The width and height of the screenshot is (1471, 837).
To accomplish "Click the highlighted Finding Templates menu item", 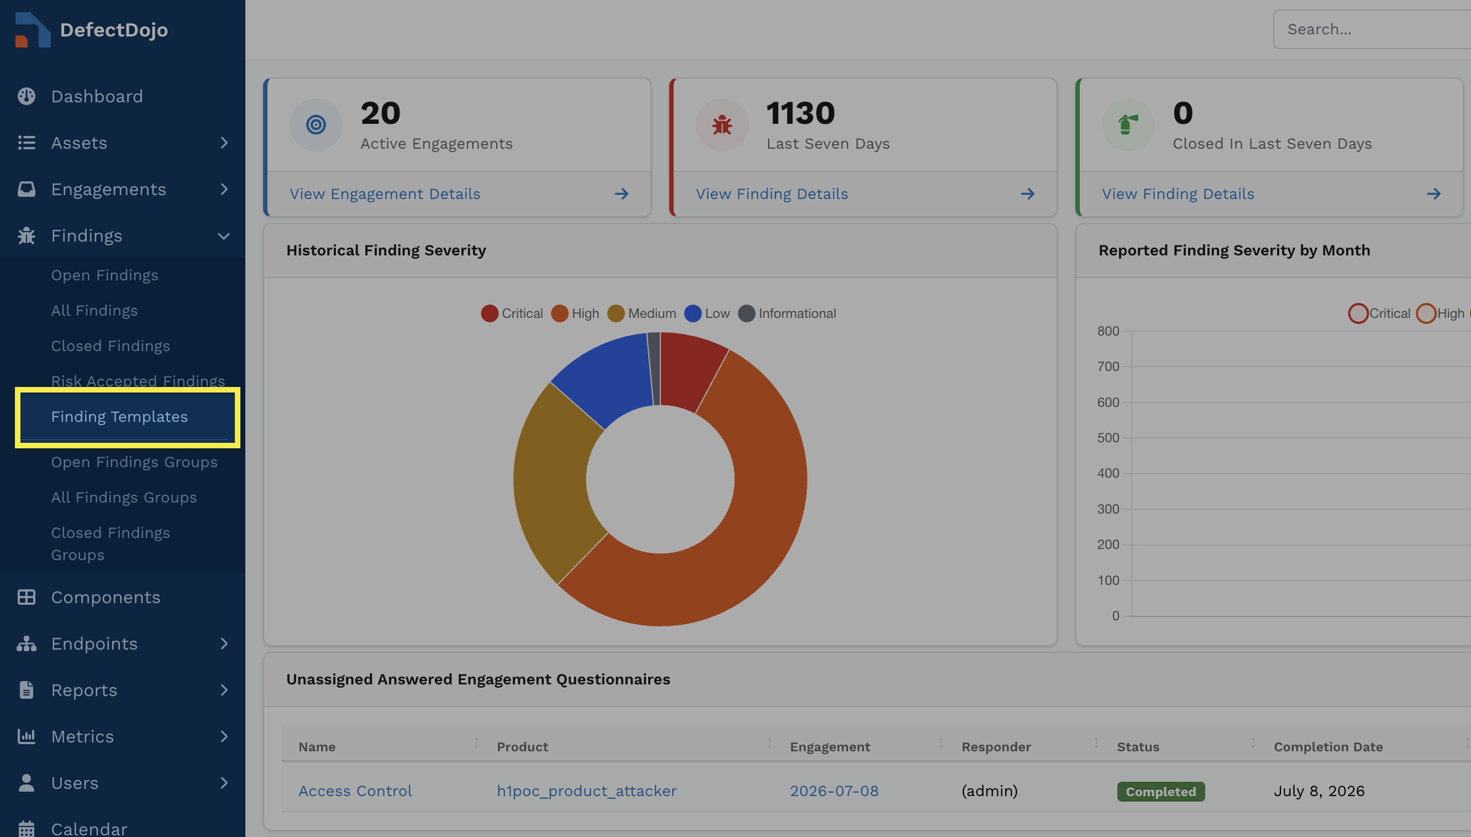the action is (119, 417).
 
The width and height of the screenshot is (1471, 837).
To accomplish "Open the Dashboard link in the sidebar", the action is (97, 96).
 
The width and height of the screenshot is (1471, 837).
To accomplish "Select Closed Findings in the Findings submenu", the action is (111, 346).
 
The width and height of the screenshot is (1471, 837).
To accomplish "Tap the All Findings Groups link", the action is (124, 497).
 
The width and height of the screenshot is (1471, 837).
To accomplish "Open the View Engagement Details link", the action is (385, 193).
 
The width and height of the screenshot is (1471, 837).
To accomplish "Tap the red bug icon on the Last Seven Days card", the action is (722, 125).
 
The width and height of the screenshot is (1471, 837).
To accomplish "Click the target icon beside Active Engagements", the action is (316, 125).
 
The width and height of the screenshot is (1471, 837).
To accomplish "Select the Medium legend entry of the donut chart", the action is (642, 313).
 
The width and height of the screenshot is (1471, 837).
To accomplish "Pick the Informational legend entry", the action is (787, 313).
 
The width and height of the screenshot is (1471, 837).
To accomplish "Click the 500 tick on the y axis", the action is (1108, 438).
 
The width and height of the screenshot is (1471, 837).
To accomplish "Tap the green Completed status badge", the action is (1160, 792).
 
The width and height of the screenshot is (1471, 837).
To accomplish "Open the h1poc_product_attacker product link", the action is (587, 791).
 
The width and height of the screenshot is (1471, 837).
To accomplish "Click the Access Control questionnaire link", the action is (355, 791).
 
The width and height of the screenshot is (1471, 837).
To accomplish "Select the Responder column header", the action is (996, 747).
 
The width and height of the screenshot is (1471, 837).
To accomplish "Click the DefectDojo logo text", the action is (114, 30).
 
